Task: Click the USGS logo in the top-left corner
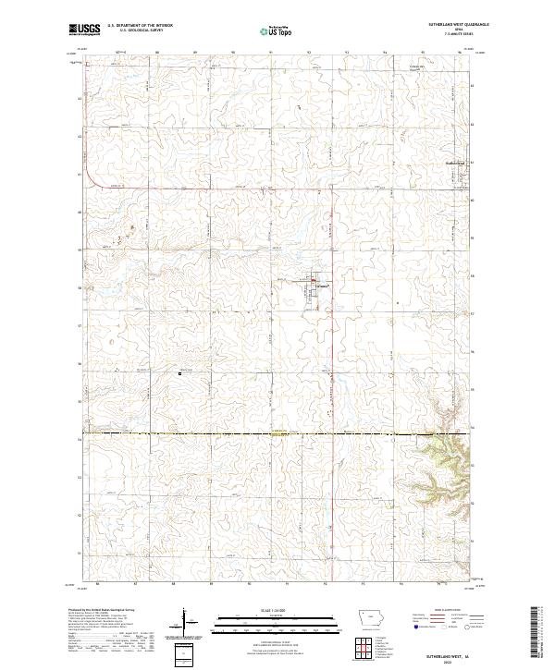pos(82,30)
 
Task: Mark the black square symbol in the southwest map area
pos(180,373)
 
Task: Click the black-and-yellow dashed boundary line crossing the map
pos(277,432)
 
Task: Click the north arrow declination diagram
pos(185,623)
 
